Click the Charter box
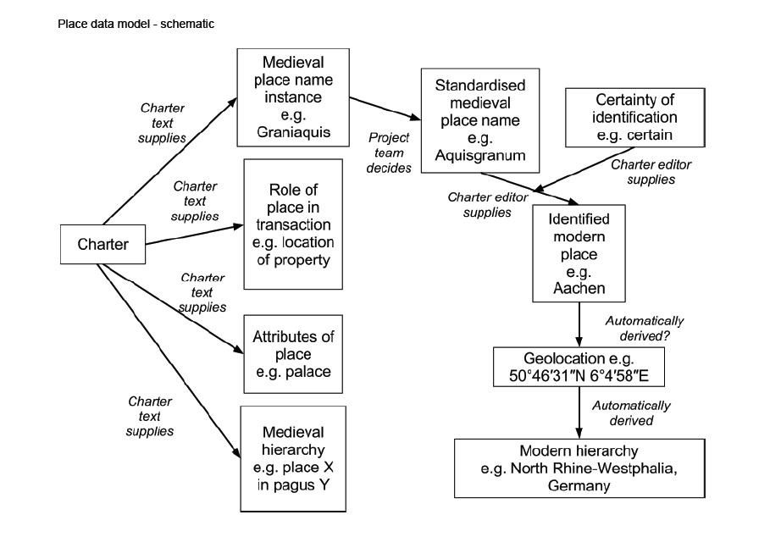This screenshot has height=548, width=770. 102,245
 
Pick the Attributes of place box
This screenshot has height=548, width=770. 293,354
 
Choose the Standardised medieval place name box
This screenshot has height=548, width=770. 480,121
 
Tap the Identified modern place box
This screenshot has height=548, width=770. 579,252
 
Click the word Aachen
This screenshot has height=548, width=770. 579,289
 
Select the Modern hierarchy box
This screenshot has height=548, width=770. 579,468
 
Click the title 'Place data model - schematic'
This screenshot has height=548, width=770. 136,24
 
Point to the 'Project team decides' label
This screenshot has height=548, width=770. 389,152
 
